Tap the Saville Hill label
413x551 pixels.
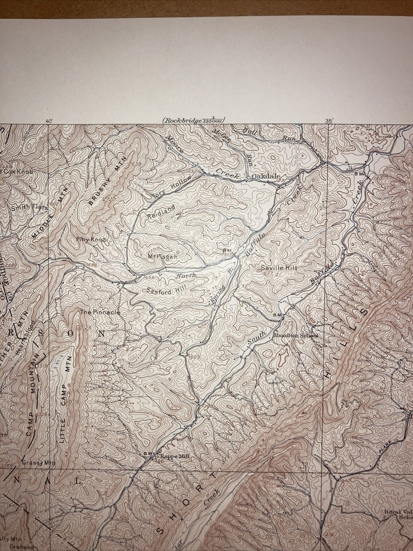pos(278,268)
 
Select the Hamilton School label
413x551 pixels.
pos(295,335)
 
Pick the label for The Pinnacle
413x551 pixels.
pos(100,312)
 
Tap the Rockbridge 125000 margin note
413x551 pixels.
pos(193,120)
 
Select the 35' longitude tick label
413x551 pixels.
pos(329,121)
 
